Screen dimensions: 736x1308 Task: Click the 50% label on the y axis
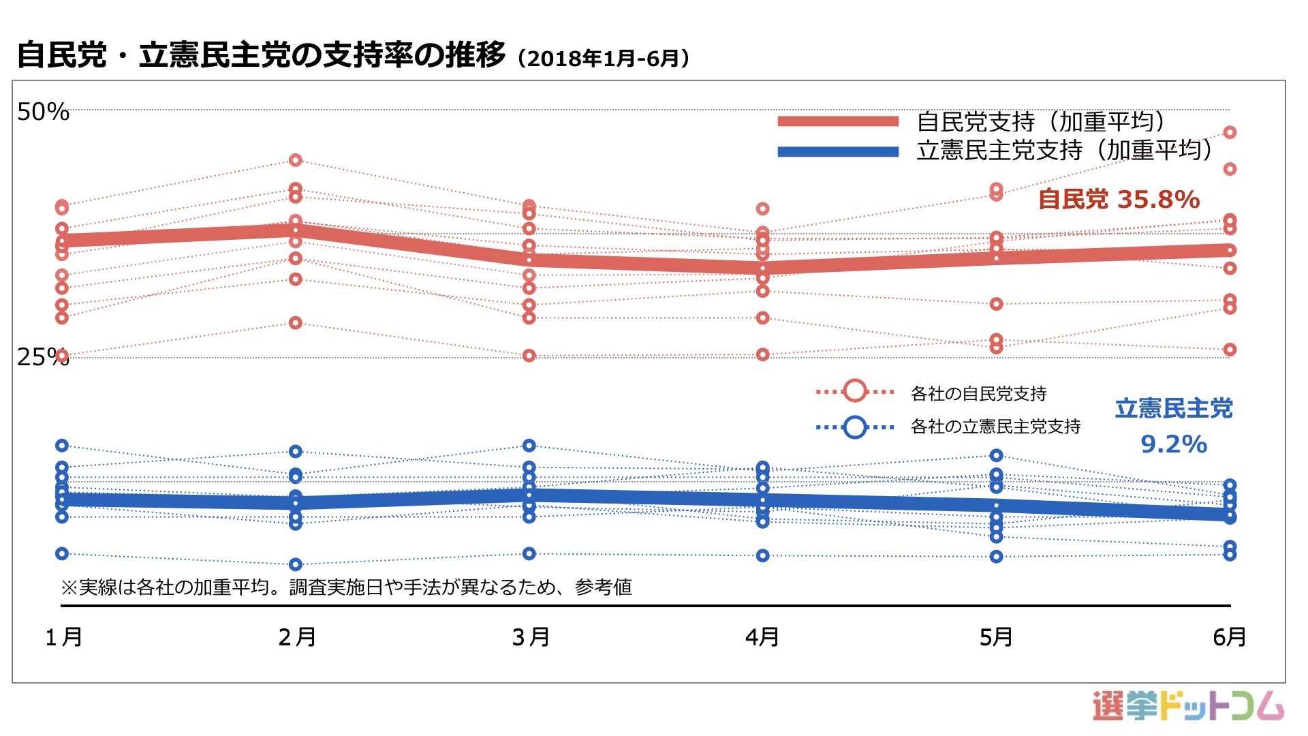tap(43, 112)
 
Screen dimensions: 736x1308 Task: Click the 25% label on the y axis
tap(43, 356)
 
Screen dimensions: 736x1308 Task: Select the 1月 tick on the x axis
tap(63, 637)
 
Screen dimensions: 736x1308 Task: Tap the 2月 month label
tap(297, 637)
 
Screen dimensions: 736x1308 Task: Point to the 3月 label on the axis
tap(531, 637)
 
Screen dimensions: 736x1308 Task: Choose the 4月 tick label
tap(762, 637)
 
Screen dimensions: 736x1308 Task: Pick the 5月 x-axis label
tap(996, 637)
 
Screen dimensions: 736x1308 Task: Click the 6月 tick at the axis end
tap(1230, 637)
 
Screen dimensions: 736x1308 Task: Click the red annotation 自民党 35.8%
tap(1119, 200)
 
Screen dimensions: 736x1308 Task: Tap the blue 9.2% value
tap(1174, 444)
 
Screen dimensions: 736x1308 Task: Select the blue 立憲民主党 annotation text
tap(1174, 409)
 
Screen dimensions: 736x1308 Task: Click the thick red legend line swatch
tap(838, 121)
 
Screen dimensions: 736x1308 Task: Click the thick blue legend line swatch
tap(838, 151)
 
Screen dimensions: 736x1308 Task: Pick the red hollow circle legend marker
tap(855, 391)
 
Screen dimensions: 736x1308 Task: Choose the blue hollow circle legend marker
tap(855, 427)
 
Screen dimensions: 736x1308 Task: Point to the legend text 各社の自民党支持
tap(978, 394)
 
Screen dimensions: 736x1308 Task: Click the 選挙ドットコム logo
tap(1188, 705)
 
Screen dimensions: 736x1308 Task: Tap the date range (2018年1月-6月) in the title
tap(604, 59)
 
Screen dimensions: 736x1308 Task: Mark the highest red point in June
tap(1230, 132)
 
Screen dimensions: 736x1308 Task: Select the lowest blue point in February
tap(296, 564)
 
